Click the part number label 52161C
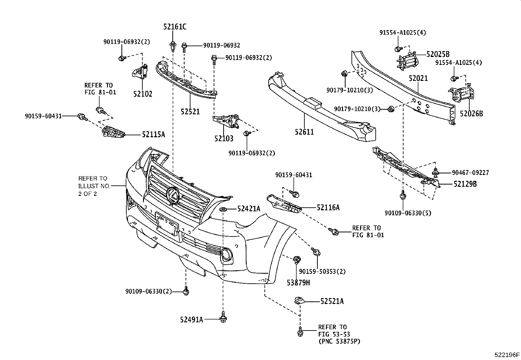[x=175, y=27]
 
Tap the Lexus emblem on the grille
[x=173, y=195]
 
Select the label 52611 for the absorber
[x=304, y=132]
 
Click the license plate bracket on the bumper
[x=167, y=225]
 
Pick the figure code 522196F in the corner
[x=507, y=354]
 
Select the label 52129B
[x=465, y=184]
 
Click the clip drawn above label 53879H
[x=297, y=260]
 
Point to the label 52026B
[x=471, y=114]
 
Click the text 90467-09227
[x=470, y=172]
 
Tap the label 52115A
[x=153, y=134]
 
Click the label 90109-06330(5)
[x=408, y=213]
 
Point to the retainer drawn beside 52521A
[x=299, y=300]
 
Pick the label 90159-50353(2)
[x=322, y=272]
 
